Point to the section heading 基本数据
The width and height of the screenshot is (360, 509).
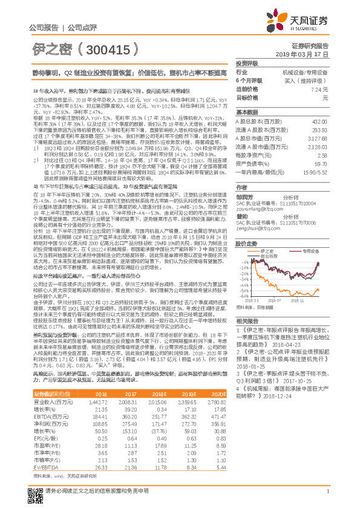coord(246,112)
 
